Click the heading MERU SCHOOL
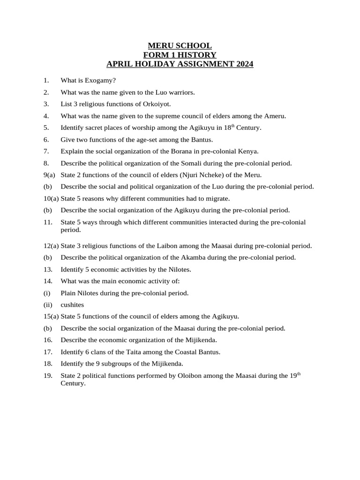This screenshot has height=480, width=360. (180, 45)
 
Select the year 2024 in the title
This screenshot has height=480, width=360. (243, 64)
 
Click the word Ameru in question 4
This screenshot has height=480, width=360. (275, 116)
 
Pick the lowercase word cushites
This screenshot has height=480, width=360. (72, 305)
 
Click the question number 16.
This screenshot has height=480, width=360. (47, 340)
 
